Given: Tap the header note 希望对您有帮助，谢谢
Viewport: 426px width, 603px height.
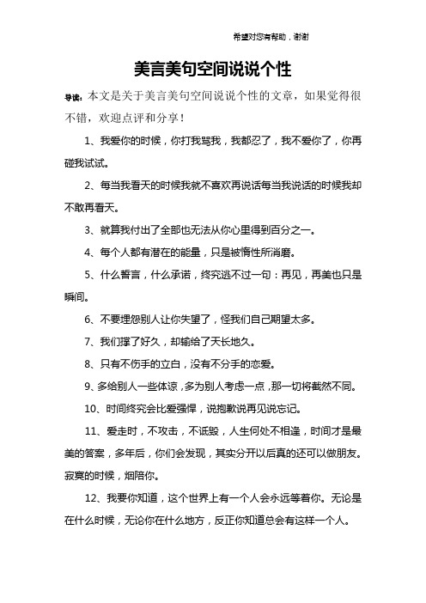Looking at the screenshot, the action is [271, 37].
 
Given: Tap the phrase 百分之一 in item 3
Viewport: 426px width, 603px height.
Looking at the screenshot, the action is [292, 230].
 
